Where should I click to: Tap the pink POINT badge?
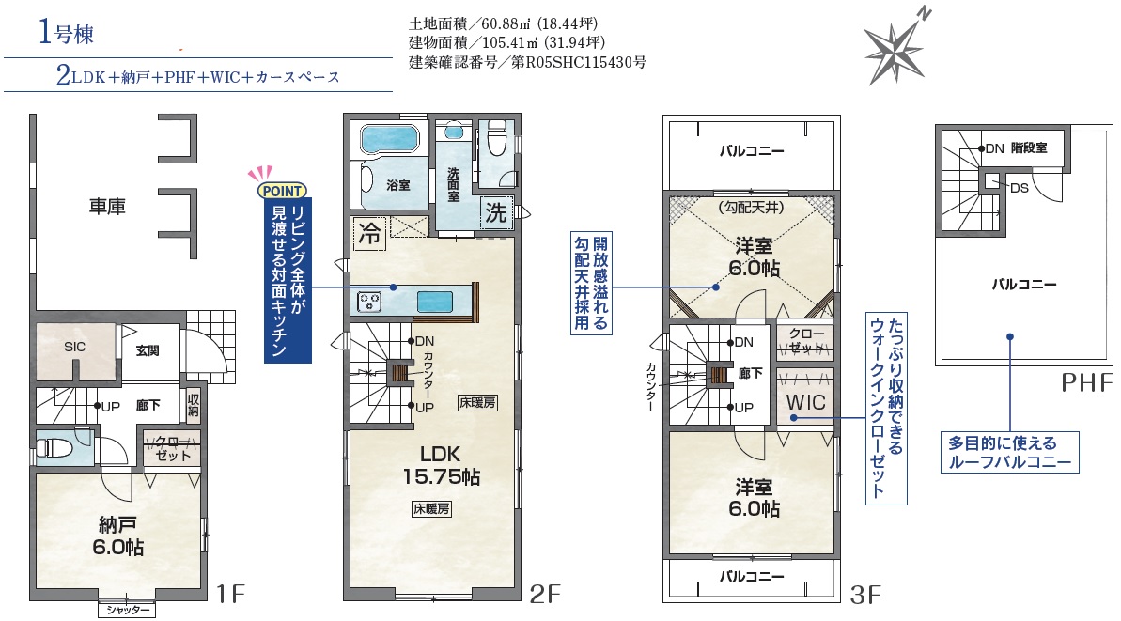click(x=283, y=191)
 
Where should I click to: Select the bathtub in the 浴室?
click(x=389, y=139)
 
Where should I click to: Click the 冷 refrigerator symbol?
click(x=369, y=233)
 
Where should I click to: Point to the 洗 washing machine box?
click(x=496, y=212)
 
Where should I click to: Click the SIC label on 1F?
click(x=74, y=347)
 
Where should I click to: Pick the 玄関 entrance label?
click(x=148, y=350)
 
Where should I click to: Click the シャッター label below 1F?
click(x=127, y=610)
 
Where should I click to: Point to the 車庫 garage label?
click(x=107, y=207)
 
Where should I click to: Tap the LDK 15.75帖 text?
click(x=441, y=465)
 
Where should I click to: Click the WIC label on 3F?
click(x=805, y=402)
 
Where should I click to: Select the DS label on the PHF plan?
click(x=1020, y=188)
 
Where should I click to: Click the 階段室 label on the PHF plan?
click(x=1029, y=147)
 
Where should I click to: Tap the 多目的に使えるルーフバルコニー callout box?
click(x=1009, y=452)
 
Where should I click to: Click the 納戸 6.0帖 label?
click(x=118, y=536)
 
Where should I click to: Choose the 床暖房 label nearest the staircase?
click(x=477, y=402)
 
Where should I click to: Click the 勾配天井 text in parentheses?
click(x=751, y=208)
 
